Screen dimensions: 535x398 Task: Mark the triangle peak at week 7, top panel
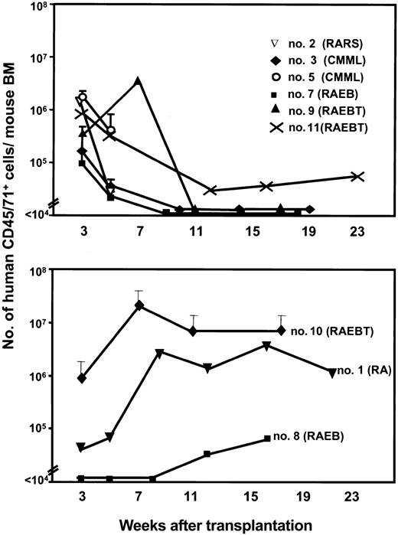137,81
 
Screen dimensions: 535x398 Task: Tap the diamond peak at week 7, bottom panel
139,305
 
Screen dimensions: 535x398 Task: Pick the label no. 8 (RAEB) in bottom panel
310,439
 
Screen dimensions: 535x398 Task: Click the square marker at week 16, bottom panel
266,439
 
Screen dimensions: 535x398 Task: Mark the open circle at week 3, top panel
83,97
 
